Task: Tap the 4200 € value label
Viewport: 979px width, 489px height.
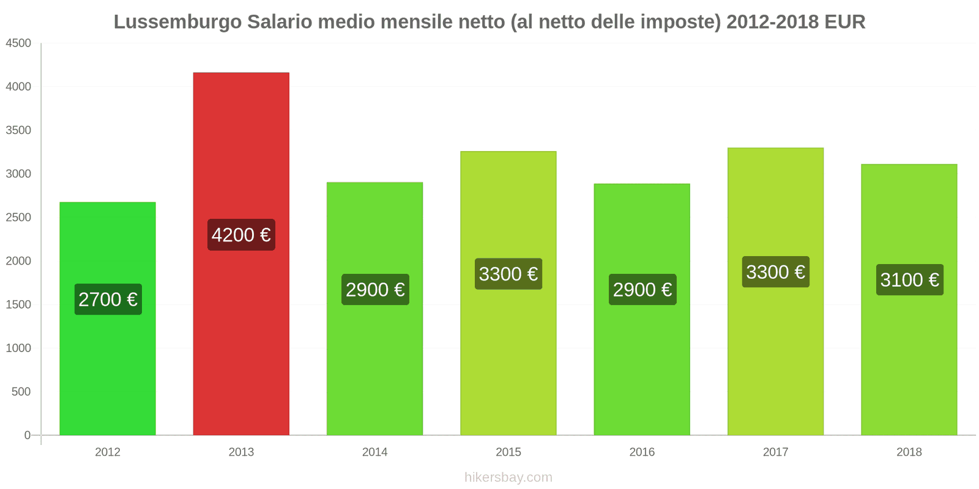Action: click(241, 235)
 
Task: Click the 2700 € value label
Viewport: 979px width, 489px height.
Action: click(108, 300)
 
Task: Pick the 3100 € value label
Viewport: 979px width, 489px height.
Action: click(909, 280)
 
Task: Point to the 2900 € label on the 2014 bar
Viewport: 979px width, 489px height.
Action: click(375, 290)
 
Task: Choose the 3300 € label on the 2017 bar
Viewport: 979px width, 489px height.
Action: click(775, 272)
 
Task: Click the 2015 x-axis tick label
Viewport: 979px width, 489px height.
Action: click(508, 452)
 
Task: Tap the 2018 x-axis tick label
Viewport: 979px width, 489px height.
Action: click(909, 452)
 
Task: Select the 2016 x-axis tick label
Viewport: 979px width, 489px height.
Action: click(642, 452)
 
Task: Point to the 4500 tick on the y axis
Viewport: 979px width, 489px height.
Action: click(18, 43)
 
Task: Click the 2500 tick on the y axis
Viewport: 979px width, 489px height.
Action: click(18, 218)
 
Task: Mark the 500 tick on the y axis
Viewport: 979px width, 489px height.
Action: click(21, 392)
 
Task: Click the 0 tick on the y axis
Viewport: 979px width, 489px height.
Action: click(27, 435)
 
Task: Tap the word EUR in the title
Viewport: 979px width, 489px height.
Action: click(844, 22)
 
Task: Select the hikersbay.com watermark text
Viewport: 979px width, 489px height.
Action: click(508, 477)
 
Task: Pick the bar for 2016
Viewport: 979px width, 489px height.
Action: click(642, 367)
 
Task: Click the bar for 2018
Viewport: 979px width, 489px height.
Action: click(909, 367)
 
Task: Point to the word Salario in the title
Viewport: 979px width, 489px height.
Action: click(280, 22)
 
